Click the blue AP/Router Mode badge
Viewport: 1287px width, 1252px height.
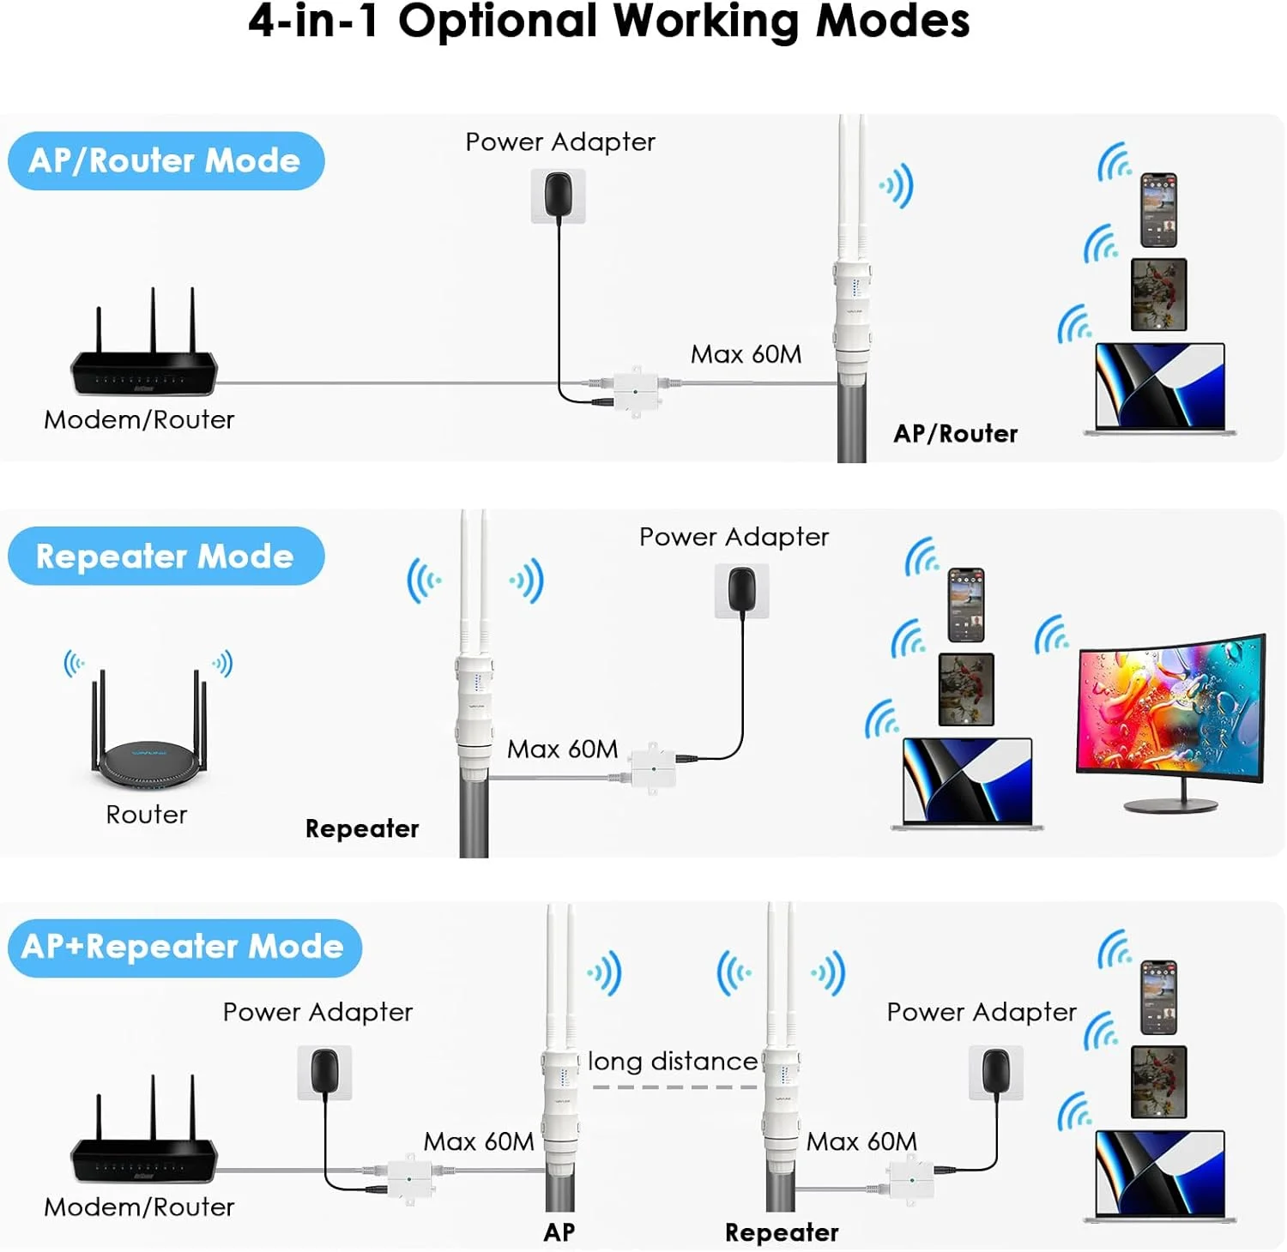166,161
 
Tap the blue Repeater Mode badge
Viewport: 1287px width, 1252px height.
166,557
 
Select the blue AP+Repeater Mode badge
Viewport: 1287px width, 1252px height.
184,948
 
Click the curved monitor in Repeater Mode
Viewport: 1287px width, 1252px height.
1170,712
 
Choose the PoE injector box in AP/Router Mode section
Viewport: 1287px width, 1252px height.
635,391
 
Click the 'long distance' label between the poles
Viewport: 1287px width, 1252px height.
673,1062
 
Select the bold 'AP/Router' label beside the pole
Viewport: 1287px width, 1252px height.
955,434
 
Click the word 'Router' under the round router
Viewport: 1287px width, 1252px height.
147,815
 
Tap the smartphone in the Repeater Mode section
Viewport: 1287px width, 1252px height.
965,605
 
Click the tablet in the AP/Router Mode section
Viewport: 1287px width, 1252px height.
1158,294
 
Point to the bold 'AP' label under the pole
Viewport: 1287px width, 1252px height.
559,1232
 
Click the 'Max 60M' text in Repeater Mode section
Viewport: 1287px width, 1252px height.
562,749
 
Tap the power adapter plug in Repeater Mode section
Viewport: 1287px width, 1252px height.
741,589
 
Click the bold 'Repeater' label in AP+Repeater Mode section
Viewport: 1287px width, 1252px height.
782,1232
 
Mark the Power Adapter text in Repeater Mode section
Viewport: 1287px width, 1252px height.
734,537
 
